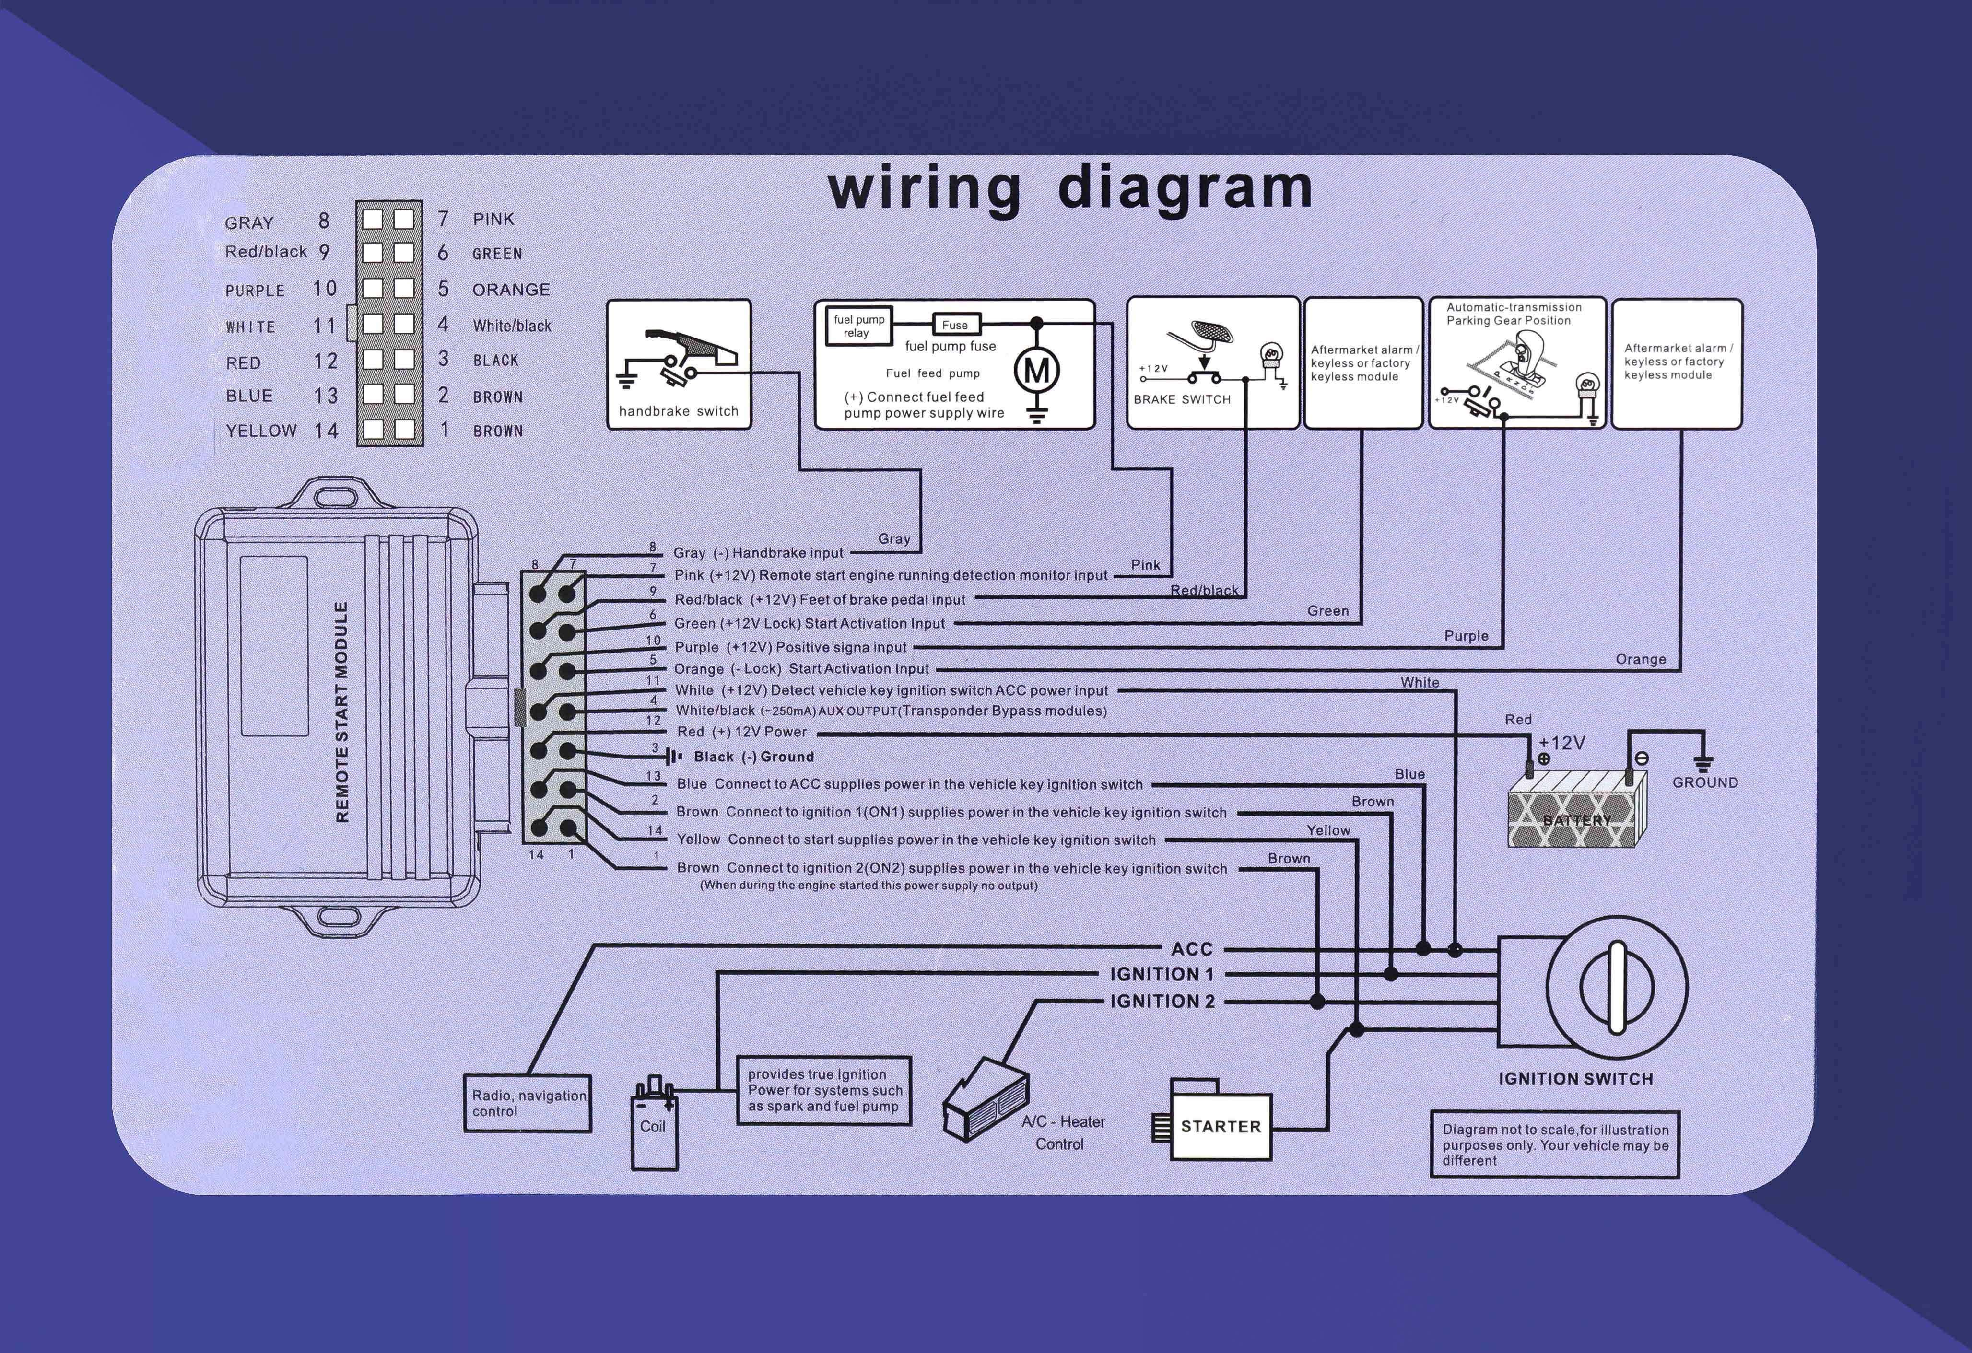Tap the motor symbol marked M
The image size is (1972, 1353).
pos(1037,371)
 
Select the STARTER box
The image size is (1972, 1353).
pos(1220,1127)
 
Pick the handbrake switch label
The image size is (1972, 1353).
pos(678,411)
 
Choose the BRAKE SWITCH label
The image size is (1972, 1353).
pos(1182,399)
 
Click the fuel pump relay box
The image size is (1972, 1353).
pos(859,327)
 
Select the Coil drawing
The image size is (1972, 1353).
pos(654,1126)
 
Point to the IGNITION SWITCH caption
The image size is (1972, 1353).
pos(1576,1079)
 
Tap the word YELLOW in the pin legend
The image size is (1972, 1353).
pos(261,431)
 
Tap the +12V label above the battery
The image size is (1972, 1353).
pos(1561,743)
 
